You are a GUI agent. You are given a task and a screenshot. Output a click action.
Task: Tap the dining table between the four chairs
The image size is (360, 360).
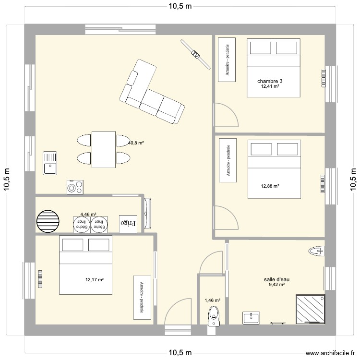click(104, 149)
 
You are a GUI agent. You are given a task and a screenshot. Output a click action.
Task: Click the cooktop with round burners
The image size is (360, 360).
click(75, 187)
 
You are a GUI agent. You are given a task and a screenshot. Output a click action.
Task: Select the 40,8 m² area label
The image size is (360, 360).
click(136, 143)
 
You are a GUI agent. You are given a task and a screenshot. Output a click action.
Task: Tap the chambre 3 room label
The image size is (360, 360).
click(270, 81)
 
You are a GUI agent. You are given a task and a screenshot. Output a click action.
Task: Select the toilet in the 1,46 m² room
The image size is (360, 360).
click(212, 317)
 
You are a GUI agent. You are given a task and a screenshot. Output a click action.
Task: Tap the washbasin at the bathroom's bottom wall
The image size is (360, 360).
click(251, 318)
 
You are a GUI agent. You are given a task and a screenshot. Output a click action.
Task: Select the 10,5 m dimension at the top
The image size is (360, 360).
click(180, 6)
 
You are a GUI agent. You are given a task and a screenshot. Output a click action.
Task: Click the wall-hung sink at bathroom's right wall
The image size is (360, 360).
click(317, 250)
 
